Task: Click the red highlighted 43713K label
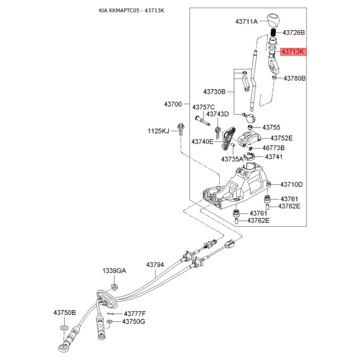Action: (x=293, y=52)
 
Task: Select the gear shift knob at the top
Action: (x=273, y=20)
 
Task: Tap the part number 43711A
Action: (x=247, y=21)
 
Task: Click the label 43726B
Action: (x=294, y=33)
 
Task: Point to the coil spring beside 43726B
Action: (x=273, y=33)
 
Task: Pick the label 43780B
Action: (x=294, y=78)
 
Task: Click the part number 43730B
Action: (x=214, y=92)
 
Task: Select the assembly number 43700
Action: (x=173, y=104)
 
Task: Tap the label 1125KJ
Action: (x=158, y=131)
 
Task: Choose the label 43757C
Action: (x=203, y=107)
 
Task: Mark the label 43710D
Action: (x=292, y=184)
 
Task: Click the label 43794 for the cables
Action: (x=155, y=265)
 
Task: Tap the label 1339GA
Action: (x=114, y=271)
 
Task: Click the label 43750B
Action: (x=65, y=312)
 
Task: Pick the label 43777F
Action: (x=135, y=313)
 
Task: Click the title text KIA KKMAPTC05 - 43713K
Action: (x=131, y=10)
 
